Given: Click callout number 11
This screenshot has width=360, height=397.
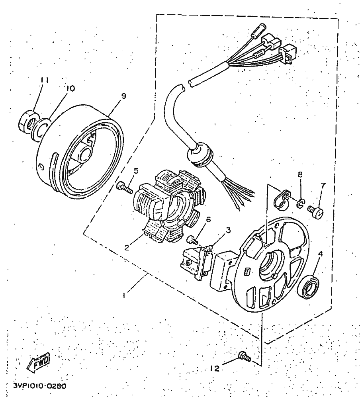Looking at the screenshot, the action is [44, 80].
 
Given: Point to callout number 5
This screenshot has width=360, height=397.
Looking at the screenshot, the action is [136, 171].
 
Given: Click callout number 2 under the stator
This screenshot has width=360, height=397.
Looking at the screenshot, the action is [126, 247].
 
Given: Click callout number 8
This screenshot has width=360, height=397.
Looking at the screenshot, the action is [300, 174].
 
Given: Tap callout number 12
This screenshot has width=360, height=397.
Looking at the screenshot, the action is [215, 369].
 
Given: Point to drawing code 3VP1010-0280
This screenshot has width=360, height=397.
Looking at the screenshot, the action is [39, 386].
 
